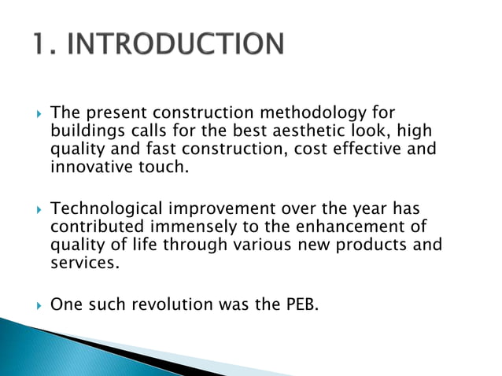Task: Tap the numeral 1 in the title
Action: point(40,44)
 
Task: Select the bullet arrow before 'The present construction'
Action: point(32,115)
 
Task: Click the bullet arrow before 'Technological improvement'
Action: point(32,209)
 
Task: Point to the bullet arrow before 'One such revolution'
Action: point(32,304)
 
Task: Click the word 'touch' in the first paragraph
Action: point(164,168)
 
